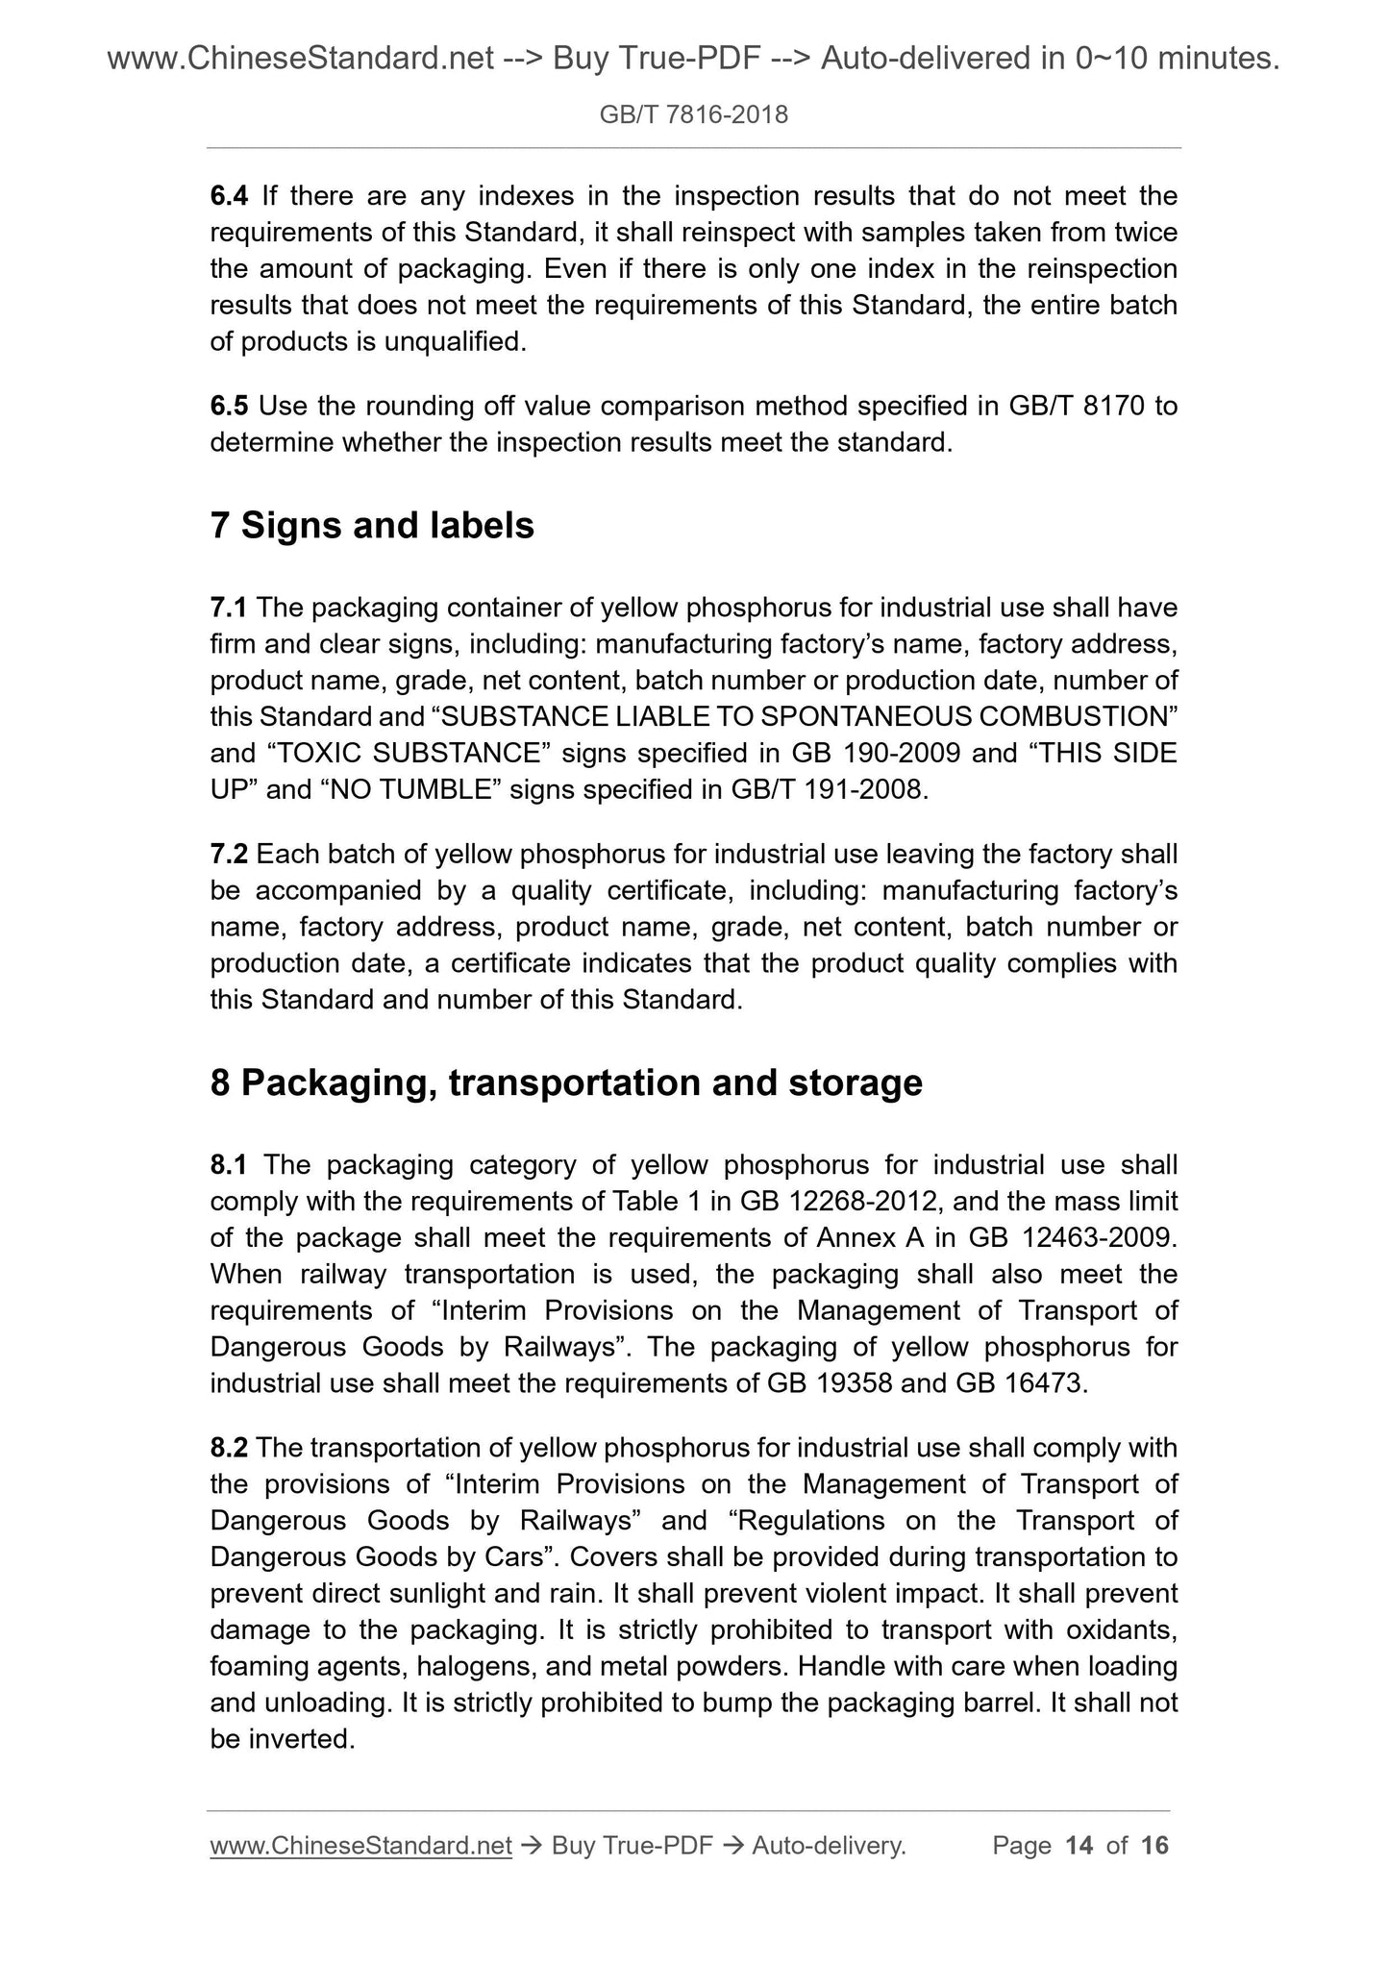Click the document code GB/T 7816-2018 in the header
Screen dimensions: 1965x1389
693,115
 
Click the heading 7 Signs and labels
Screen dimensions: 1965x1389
372,526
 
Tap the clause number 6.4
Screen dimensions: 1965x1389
229,196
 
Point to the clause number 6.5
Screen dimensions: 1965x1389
229,407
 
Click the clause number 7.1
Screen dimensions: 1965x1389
229,608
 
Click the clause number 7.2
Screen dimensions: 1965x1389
229,854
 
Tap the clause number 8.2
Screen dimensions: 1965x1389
229,1448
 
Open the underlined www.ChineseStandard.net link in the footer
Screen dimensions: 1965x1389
360,1845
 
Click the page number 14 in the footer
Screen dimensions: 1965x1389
1079,1845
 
